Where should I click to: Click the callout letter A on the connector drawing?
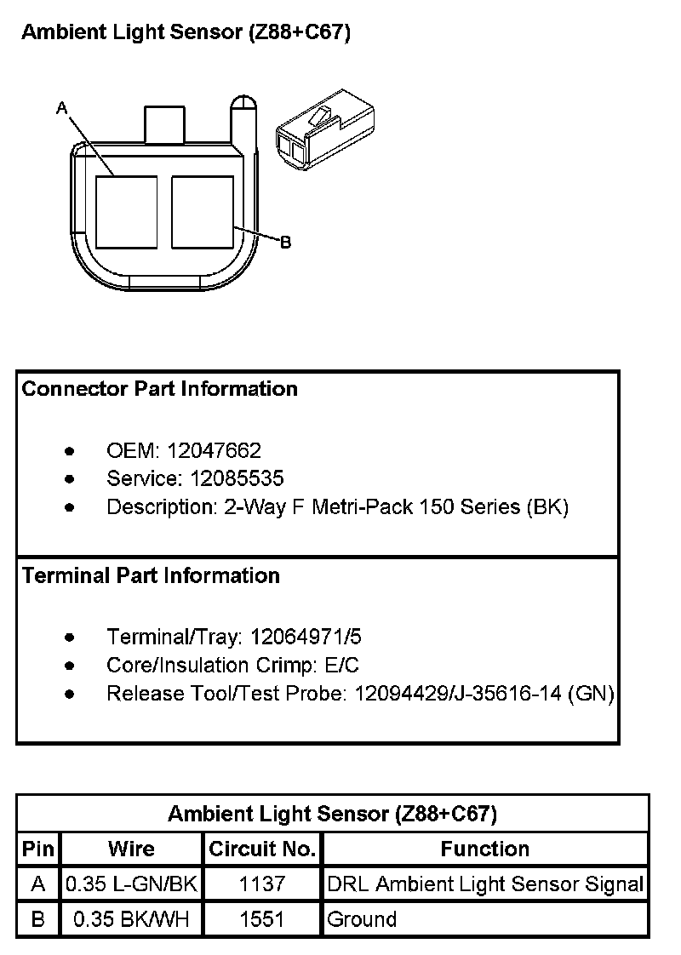click(61, 108)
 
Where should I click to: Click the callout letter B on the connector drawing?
click(286, 243)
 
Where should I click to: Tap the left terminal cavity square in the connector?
click(126, 212)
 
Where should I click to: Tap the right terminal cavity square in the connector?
click(203, 212)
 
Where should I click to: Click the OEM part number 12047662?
click(215, 450)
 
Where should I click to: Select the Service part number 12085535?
click(237, 478)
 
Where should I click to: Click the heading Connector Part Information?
click(160, 389)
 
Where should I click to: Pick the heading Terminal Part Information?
click(151, 576)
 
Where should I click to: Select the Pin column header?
click(38, 849)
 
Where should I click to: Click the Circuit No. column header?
click(263, 849)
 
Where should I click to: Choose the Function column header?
click(485, 849)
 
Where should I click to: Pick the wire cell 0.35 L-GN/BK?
click(132, 884)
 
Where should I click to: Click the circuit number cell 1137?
click(263, 884)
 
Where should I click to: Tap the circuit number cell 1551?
click(263, 919)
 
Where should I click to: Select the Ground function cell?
click(363, 919)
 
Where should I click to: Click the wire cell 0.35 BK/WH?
click(132, 919)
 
